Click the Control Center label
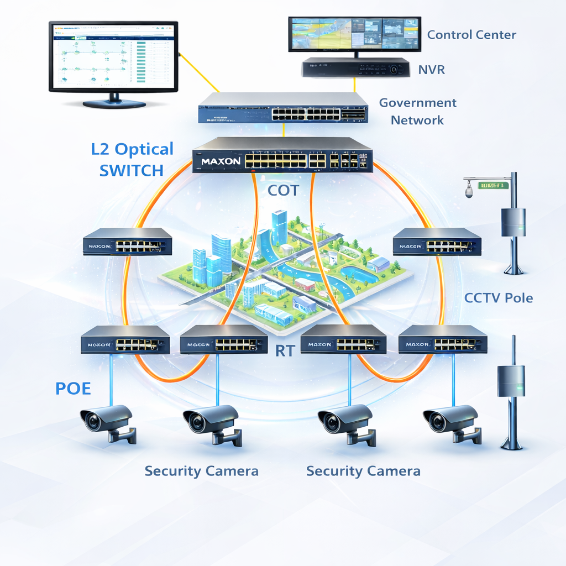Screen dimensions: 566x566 [x=471, y=35]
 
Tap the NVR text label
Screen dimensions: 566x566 [x=431, y=70]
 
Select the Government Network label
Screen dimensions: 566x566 [x=417, y=111]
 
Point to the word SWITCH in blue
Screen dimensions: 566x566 [x=132, y=170]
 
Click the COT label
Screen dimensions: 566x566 [x=283, y=191]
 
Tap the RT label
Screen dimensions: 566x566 [x=284, y=350]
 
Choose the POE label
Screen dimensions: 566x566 [x=73, y=388]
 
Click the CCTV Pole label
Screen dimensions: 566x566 [x=499, y=298]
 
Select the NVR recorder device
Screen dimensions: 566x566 [x=355, y=68]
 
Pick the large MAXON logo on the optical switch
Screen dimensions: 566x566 [x=221, y=161]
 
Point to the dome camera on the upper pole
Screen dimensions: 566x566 [x=469, y=192]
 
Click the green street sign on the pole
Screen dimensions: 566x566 [x=494, y=185]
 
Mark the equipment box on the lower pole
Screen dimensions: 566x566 [x=511, y=381]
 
